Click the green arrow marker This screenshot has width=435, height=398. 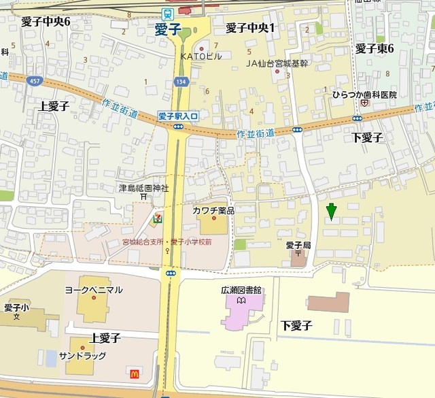pyautogui.click(x=331, y=212)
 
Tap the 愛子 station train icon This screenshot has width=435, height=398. pyautogui.click(x=167, y=13)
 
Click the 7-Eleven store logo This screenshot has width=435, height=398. pyautogui.click(x=158, y=217)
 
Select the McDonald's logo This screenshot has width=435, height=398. pyautogui.click(x=134, y=372)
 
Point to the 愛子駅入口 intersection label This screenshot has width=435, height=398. pyautogui.click(x=177, y=116)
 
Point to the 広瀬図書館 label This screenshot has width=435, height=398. pyautogui.click(x=241, y=290)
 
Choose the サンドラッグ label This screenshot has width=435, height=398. pyautogui.click(x=85, y=356)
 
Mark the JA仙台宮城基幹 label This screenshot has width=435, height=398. pyautogui.click(x=277, y=63)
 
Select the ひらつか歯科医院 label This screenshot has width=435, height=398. pyautogui.click(x=364, y=95)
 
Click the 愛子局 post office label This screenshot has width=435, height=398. pyautogui.click(x=298, y=244)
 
